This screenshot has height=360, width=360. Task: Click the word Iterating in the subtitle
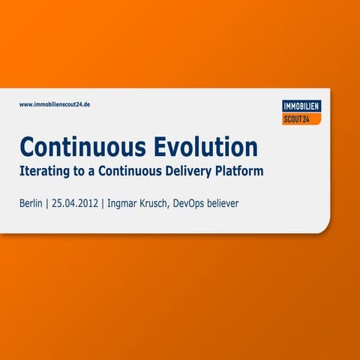click(44, 171)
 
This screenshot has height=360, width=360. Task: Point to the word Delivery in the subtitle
click(186, 171)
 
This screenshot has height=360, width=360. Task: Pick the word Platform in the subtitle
click(238, 171)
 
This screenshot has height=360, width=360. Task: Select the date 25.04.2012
click(75, 203)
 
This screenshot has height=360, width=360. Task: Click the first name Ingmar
click(125, 203)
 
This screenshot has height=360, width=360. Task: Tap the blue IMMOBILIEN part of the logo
click(301, 106)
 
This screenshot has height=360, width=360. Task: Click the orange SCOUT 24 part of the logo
click(300, 118)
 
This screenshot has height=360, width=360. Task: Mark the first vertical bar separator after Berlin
click(47, 203)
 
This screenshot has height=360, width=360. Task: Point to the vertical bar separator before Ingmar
click(103, 203)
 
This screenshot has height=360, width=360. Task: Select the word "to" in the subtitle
click(82, 171)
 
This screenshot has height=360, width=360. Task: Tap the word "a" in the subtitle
click(94, 172)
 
